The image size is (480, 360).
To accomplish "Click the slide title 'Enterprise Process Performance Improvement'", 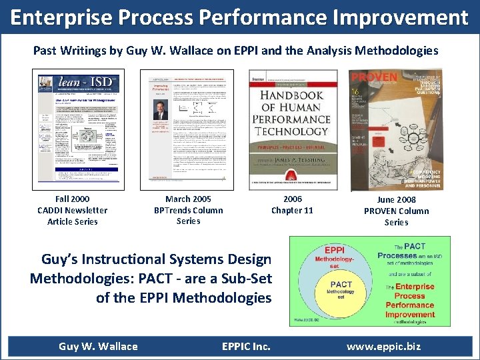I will pos(240,17).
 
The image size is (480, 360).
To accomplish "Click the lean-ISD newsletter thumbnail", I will pos(79,127).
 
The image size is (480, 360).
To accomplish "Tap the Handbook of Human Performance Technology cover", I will pos(292,130).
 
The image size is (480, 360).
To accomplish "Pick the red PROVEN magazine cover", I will pos(395,130).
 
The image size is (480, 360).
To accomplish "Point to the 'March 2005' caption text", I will pos(188,199).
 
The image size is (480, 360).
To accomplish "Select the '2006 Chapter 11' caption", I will pos(292,205).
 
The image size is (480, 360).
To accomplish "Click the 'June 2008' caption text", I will pos(396,199).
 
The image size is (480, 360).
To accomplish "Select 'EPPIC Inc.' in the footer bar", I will pos(246,347).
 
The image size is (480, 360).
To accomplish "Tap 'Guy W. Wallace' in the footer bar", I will pos(98,347).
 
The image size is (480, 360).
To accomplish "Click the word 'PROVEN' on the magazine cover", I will pos(374,77).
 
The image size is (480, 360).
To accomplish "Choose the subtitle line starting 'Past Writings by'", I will pos(236,51).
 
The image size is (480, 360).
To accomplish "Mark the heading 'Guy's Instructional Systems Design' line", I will pos(157,259).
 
